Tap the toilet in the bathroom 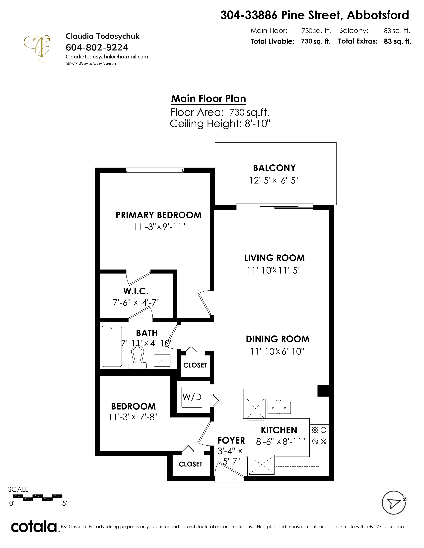(137, 358)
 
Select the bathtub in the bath (112, 346)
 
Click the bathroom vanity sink (162, 360)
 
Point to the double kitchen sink (279, 408)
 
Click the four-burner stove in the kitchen (319, 436)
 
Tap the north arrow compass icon (394, 503)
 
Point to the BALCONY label (274, 168)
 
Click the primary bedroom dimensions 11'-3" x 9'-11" (159, 227)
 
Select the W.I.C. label (136, 291)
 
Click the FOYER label (231, 440)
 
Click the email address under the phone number (107, 57)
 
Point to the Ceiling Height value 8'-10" (257, 124)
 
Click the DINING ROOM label (278, 339)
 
